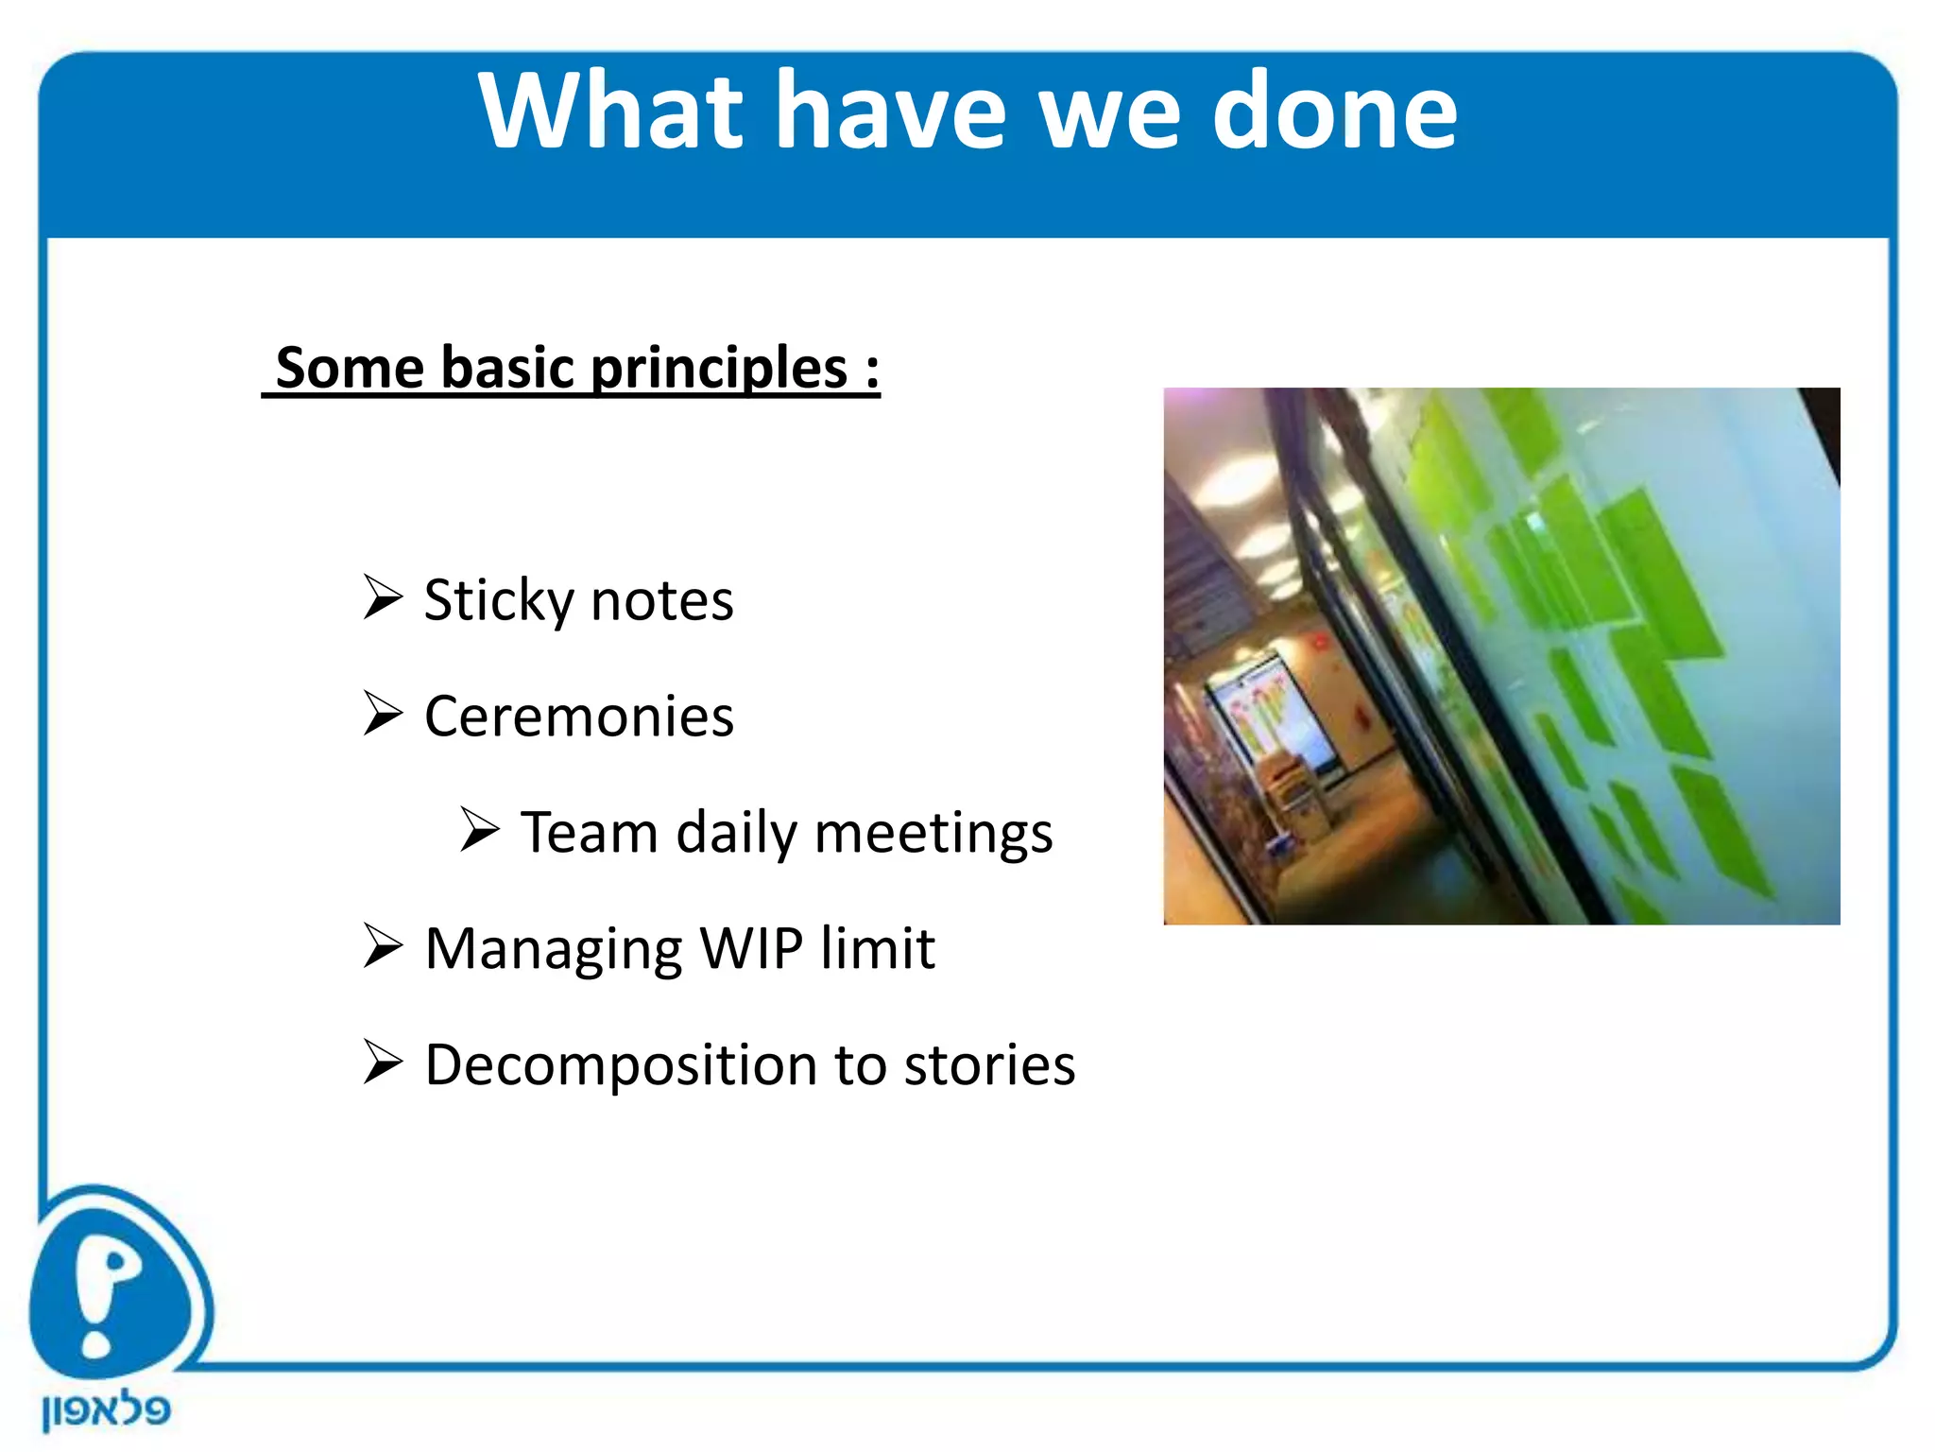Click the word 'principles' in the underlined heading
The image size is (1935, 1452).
(x=719, y=368)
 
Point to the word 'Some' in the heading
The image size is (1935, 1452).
(x=350, y=368)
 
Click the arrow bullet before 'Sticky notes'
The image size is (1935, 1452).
(x=383, y=597)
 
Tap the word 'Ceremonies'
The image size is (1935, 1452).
(x=578, y=717)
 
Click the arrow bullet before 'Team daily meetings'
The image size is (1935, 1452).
(x=480, y=830)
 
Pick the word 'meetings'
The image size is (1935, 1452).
(x=933, y=834)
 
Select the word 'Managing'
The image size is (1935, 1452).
(x=553, y=950)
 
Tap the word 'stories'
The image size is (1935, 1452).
(x=989, y=1064)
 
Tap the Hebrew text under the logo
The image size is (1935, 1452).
(x=106, y=1410)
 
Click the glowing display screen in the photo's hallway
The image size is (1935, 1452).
(x=1271, y=718)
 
